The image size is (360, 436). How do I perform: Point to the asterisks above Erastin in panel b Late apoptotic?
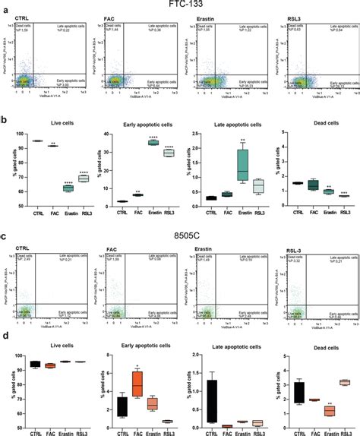pos(242,141)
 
